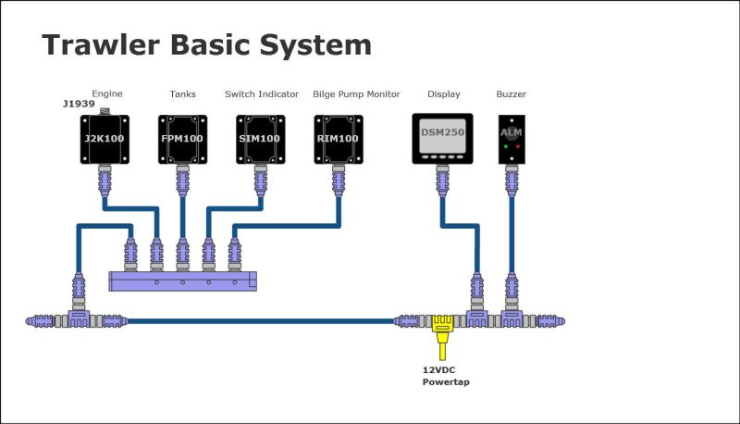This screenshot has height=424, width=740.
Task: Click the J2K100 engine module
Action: coord(104,139)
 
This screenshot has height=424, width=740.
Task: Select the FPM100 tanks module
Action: coord(182,139)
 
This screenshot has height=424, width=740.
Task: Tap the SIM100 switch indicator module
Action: coord(261,139)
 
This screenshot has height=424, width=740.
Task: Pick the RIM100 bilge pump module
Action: coord(339,139)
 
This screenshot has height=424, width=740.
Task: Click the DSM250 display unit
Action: coord(442,139)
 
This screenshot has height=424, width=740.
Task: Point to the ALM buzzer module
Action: coord(512,139)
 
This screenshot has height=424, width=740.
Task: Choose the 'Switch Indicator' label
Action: coord(262,94)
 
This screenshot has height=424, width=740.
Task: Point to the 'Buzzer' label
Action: coord(512,94)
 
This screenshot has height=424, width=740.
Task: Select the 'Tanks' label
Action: coord(182,94)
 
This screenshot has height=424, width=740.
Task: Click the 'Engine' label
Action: coord(107,94)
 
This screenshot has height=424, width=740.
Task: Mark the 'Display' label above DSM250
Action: coord(442,94)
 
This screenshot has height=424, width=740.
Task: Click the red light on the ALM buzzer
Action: coord(518,146)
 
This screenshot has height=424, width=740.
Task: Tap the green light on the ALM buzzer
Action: coord(505,146)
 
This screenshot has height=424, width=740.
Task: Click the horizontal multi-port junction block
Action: coord(181,281)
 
